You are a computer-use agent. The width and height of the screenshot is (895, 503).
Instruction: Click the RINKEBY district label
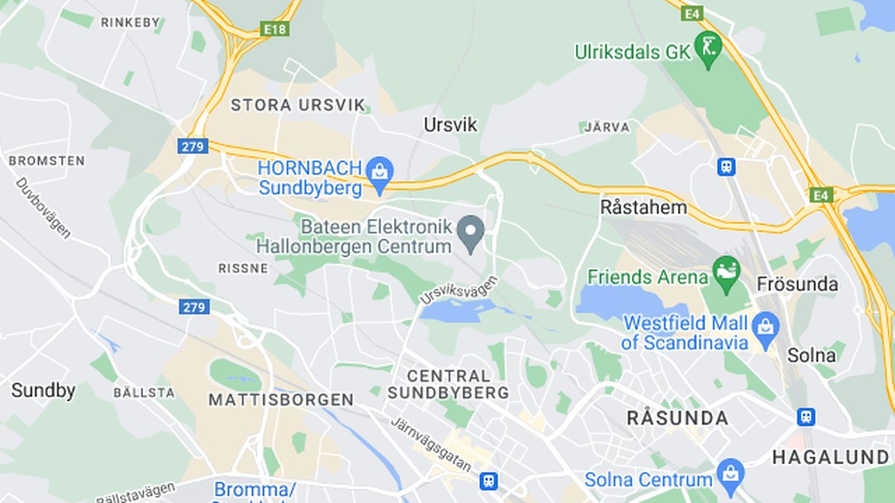click(131, 22)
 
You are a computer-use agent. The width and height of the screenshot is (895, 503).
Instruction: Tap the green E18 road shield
click(275, 28)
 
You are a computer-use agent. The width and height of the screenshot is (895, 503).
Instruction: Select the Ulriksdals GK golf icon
click(708, 48)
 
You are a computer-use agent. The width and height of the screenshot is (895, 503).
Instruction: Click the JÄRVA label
click(606, 127)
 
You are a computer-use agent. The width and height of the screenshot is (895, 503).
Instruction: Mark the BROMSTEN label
click(46, 160)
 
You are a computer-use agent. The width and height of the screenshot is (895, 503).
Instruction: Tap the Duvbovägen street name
click(43, 207)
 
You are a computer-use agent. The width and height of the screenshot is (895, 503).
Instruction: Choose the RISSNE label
click(243, 268)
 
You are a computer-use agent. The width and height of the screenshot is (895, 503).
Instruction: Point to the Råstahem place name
click(644, 207)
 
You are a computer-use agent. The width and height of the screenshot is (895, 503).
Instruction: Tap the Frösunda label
click(797, 284)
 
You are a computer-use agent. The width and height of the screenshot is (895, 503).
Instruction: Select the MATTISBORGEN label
click(281, 400)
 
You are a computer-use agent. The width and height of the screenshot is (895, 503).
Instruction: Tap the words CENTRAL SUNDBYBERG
click(448, 384)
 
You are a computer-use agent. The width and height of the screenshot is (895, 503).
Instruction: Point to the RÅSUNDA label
click(677, 418)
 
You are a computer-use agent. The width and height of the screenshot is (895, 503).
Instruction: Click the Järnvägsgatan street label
click(432, 443)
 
